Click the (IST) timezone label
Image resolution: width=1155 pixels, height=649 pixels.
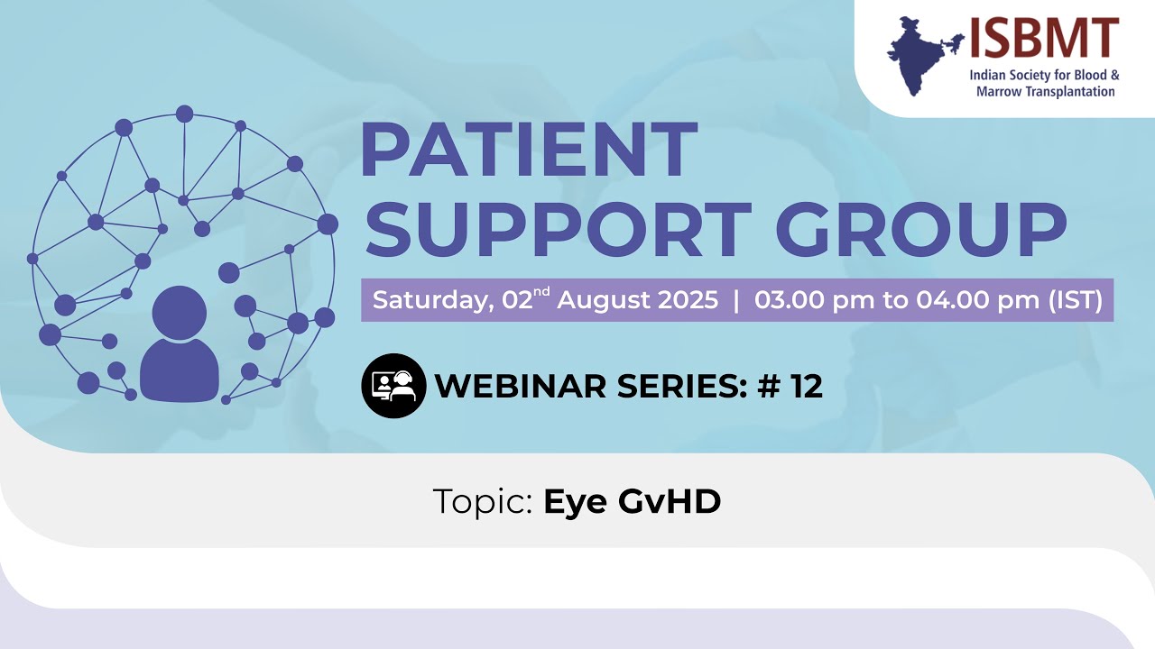click(1075, 300)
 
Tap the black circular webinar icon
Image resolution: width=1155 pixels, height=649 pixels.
click(393, 386)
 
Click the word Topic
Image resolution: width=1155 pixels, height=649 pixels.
click(483, 502)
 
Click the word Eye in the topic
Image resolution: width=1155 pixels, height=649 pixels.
click(575, 502)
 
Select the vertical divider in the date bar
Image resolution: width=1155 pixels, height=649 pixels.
click(736, 300)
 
